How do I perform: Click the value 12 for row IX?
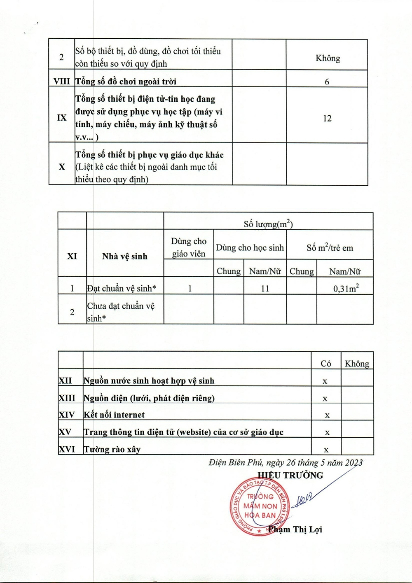tap(327, 119)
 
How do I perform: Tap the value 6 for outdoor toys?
tap(327, 82)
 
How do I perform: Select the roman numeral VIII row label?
tap(62, 81)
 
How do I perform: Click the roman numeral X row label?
tap(62, 167)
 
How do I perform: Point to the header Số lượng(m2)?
tap(268, 224)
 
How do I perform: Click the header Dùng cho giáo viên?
tap(189, 247)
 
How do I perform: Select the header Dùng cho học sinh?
tap(250, 248)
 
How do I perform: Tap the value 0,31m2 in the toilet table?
tap(346, 289)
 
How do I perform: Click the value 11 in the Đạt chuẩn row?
tap(265, 289)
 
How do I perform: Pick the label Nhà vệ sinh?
tap(125, 256)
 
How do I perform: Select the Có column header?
tap(326, 363)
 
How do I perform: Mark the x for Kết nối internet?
tap(327, 415)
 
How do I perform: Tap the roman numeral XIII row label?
tap(67, 398)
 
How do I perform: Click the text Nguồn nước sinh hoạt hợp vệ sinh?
tap(149, 381)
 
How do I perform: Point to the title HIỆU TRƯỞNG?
tap(290, 475)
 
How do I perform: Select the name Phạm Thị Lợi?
tap(295, 529)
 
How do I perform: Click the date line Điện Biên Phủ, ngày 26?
tap(286, 462)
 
